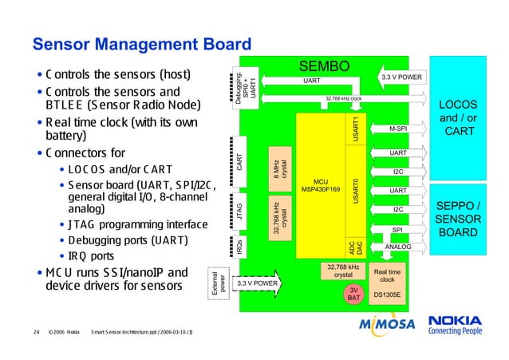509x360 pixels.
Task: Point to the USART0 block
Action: pos(357,192)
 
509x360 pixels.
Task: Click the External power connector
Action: pos(215,283)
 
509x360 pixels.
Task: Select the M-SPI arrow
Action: pos(397,129)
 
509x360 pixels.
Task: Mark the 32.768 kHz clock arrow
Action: pos(343,99)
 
